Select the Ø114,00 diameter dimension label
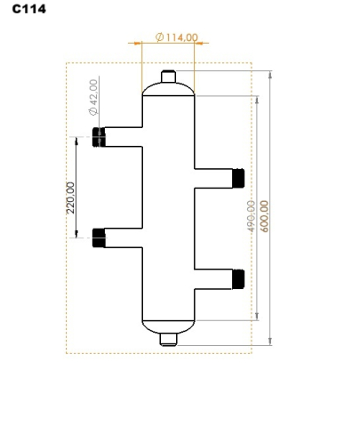pos(176,37)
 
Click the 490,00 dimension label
pos(252,216)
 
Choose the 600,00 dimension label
pos(265,216)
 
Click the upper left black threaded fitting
pos(99,137)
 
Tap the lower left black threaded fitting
pos(99,237)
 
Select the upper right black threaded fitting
pos(237,178)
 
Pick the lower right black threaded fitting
pos(237,278)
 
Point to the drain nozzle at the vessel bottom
pos(168,338)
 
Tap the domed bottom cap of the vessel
pos(168,325)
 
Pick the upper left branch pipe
pos(124,137)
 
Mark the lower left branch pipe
pos(124,237)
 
